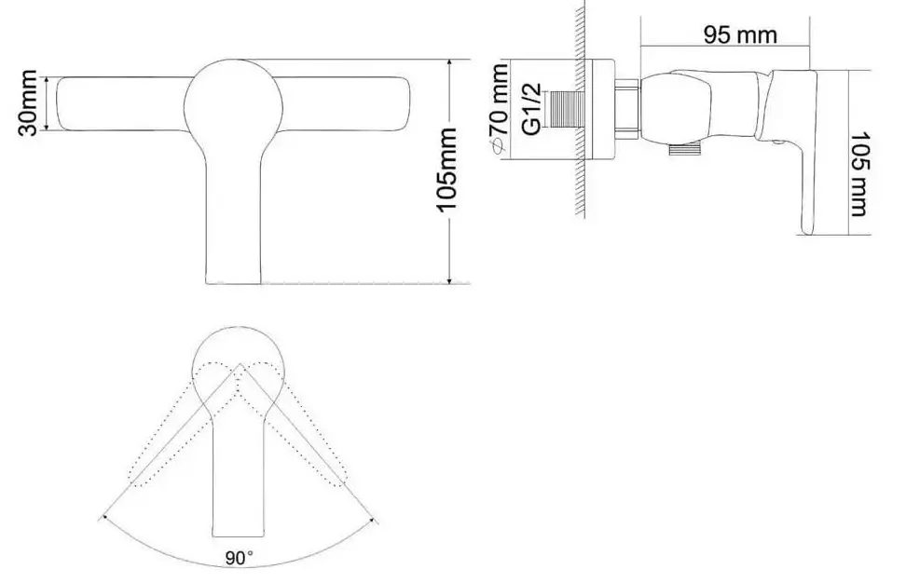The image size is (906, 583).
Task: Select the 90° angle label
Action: (239, 558)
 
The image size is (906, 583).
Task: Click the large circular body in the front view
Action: (234, 102)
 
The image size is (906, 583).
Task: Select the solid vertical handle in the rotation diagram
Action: (239, 466)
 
